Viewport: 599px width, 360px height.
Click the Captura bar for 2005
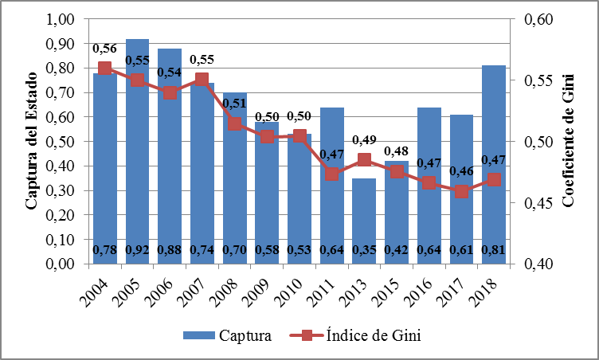137,151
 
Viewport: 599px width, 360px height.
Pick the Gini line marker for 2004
104,68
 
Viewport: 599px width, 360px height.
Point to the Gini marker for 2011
331,174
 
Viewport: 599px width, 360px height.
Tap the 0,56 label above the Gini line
104,49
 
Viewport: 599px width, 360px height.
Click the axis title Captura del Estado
32,142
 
